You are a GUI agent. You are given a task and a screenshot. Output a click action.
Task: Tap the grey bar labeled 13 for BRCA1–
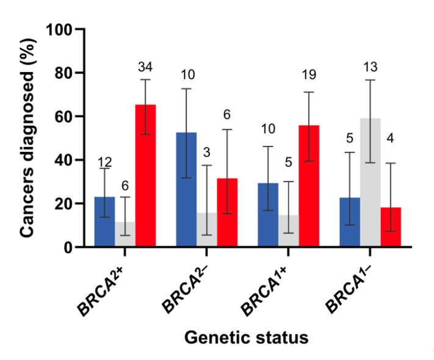point(370,182)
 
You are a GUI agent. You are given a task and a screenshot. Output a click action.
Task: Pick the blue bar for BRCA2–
point(186,189)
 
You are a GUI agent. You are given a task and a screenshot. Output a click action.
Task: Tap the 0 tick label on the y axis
point(69,247)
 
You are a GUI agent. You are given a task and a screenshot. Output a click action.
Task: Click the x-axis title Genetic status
point(247,337)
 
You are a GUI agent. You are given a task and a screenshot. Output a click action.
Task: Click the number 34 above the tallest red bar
point(145,66)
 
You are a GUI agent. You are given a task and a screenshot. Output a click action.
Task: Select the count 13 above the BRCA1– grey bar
point(370,66)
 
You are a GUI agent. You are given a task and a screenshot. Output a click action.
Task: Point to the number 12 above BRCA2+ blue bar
point(105,162)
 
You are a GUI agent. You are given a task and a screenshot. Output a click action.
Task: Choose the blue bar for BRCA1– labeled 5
point(349,222)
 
